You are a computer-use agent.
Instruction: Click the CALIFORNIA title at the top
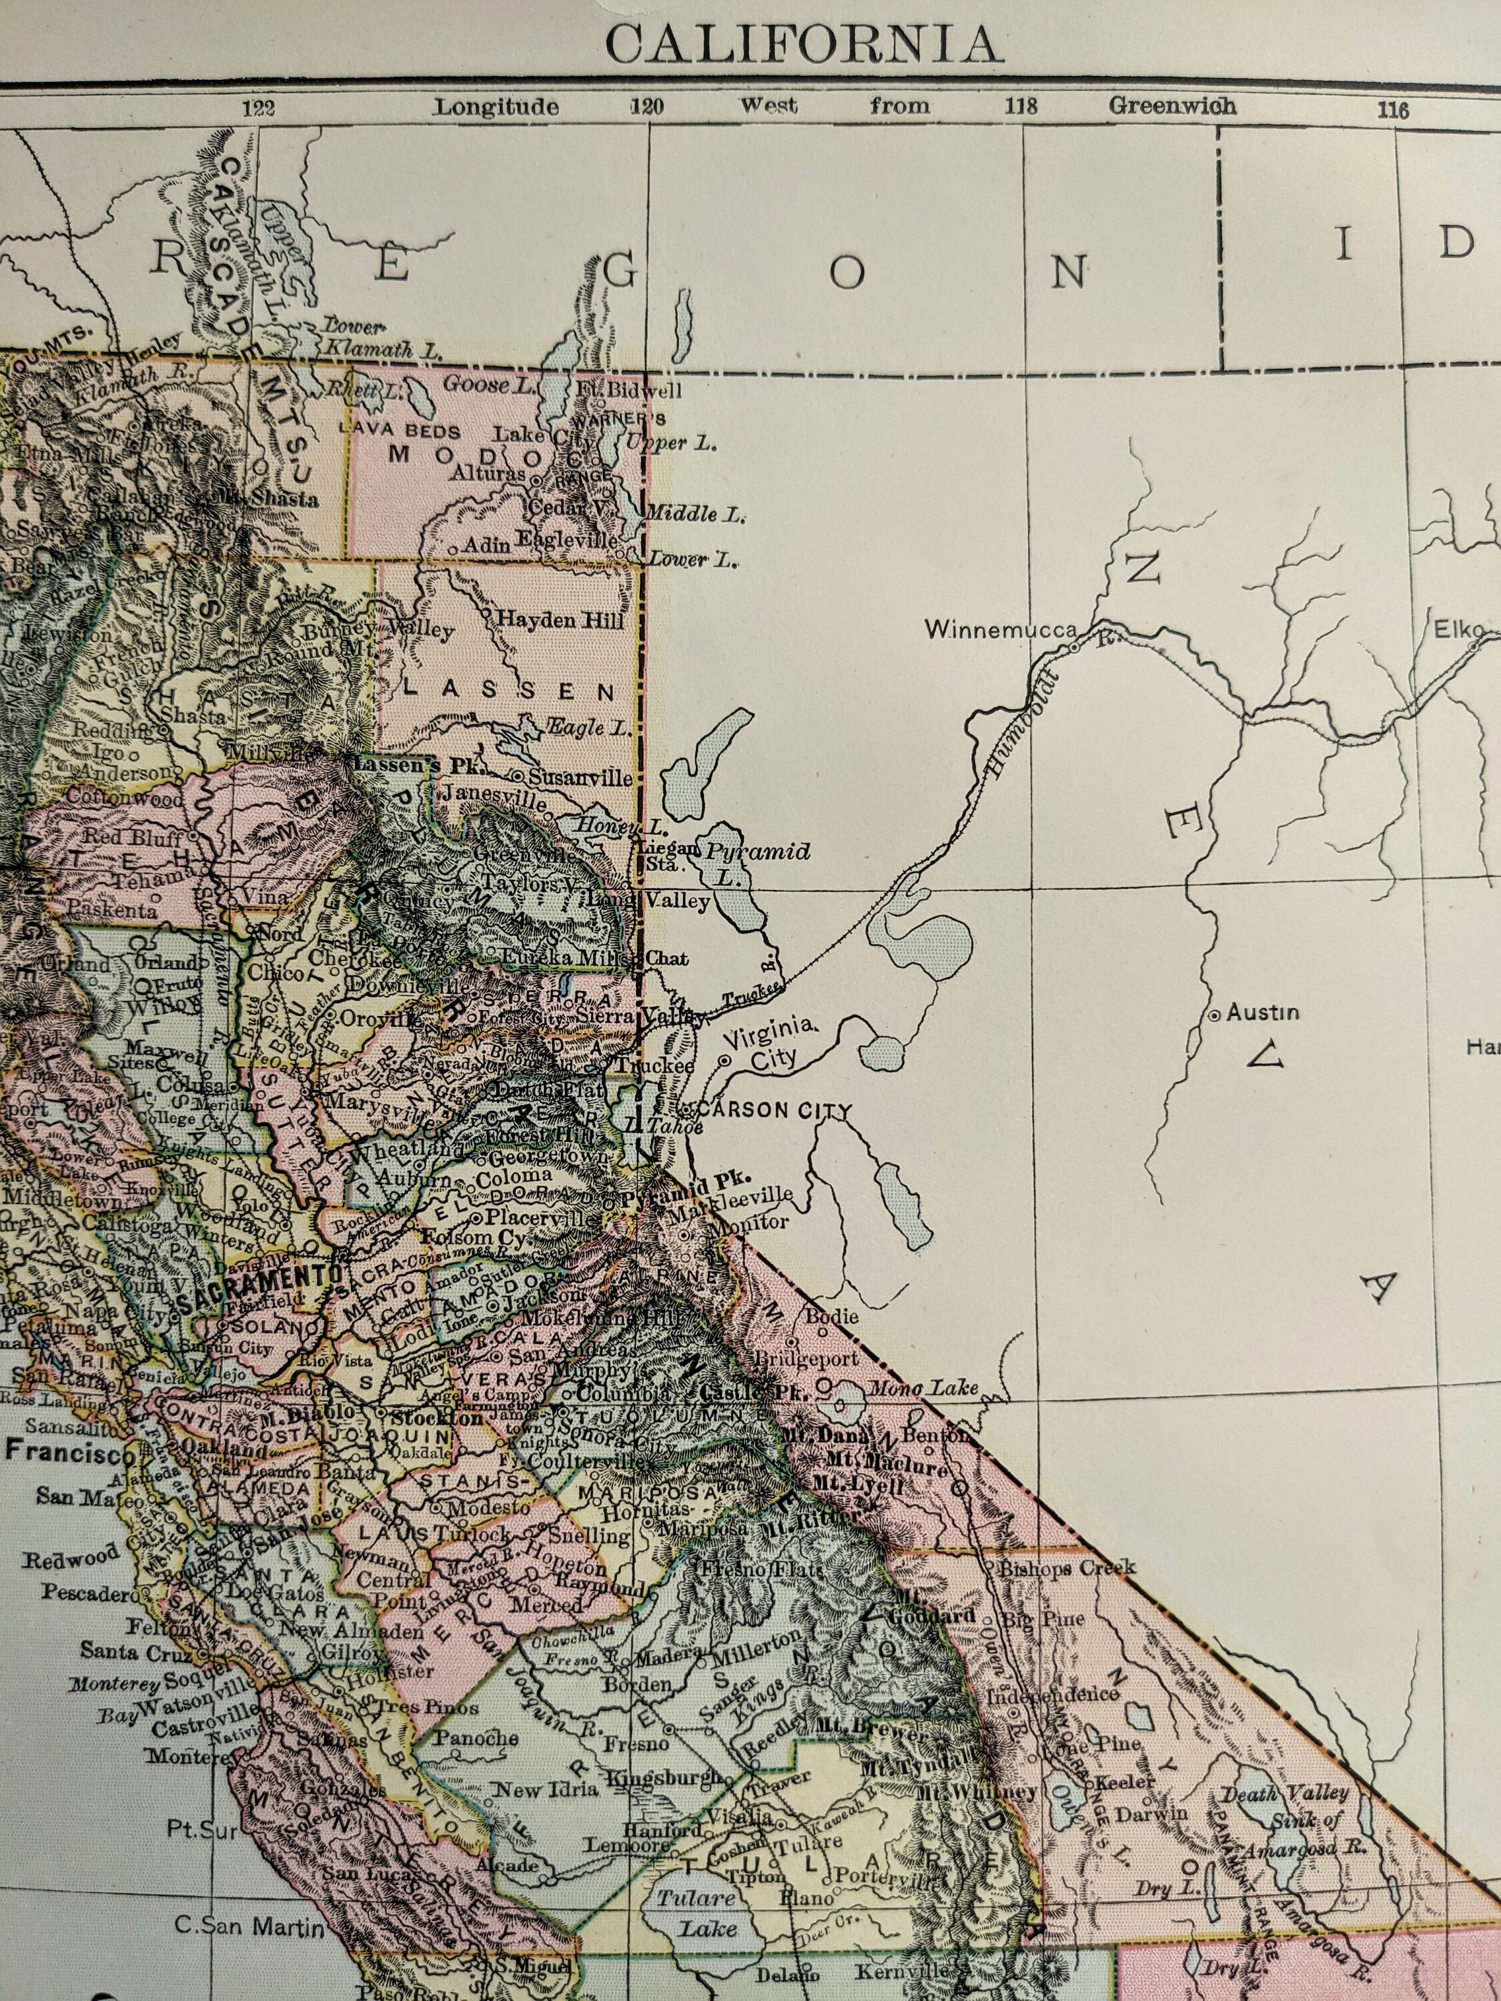click(803, 43)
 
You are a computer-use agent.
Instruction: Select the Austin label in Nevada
click(1262, 1013)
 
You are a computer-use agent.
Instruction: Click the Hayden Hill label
click(560, 620)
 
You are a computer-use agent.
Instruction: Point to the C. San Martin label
click(249, 1927)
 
